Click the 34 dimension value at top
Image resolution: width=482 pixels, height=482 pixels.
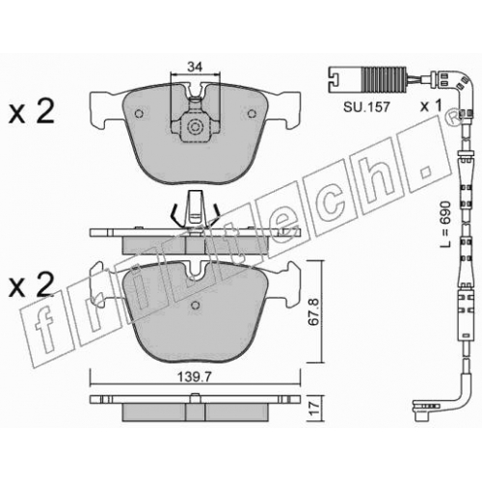coord(195,67)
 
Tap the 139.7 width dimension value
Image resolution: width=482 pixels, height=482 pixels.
coord(195,377)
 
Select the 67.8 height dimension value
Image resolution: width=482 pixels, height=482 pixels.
coord(313,312)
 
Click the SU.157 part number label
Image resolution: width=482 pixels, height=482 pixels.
coord(366,107)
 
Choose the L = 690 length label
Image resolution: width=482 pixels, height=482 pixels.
coord(445,225)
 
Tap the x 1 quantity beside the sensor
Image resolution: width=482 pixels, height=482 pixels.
coord(432,106)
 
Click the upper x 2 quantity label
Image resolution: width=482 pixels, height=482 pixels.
coord(32,113)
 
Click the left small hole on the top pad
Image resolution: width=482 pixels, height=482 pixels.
coord(139,114)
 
